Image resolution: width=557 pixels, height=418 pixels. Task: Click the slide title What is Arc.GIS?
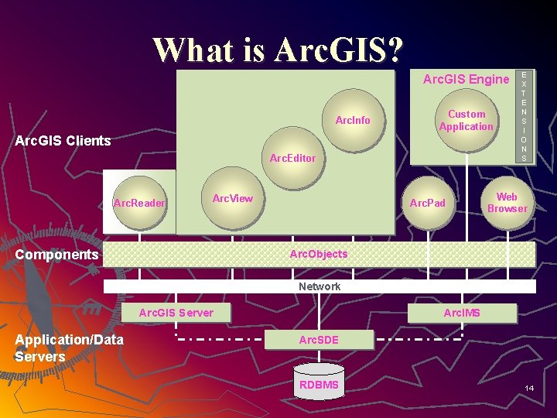point(278,50)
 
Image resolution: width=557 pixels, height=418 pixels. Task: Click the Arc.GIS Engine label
point(466,79)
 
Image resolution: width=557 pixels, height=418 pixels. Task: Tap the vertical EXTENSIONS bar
point(525,116)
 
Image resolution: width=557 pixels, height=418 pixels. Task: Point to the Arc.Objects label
point(319,254)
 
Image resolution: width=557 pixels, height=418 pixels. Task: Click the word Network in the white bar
point(320,286)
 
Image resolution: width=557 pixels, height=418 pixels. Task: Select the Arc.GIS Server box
point(176,313)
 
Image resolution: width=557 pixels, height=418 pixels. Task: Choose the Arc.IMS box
point(462,313)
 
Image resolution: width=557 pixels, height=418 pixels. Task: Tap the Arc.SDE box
point(319,340)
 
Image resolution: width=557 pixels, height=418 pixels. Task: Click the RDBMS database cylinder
point(319,384)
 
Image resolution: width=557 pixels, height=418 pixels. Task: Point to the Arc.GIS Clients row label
point(63,141)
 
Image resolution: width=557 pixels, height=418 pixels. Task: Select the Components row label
point(56,255)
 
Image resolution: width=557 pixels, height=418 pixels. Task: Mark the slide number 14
point(529,387)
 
